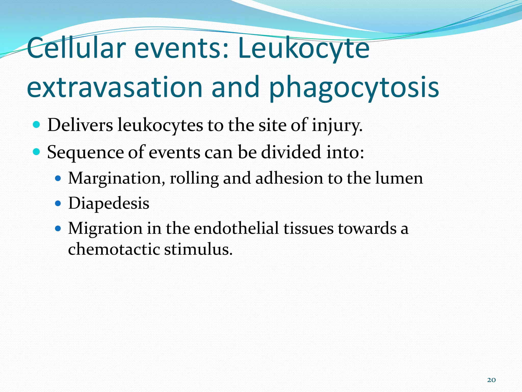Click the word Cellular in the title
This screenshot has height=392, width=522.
coord(76,48)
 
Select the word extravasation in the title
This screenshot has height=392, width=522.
coord(115,87)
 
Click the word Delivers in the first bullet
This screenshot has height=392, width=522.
coord(80,125)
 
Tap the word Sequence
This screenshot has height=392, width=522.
coord(85,152)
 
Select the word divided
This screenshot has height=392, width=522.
coord(291,152)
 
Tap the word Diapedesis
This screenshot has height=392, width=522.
coord(109,203)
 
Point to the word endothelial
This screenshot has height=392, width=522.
coord(236,228)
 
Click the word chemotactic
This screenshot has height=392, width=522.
coord(114,249)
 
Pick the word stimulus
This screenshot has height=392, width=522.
coord(198,249)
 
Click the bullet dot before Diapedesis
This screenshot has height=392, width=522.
coord(58,203)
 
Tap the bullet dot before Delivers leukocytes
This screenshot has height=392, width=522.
coord(37,125)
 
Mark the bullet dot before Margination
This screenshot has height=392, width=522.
coord(58,178)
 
